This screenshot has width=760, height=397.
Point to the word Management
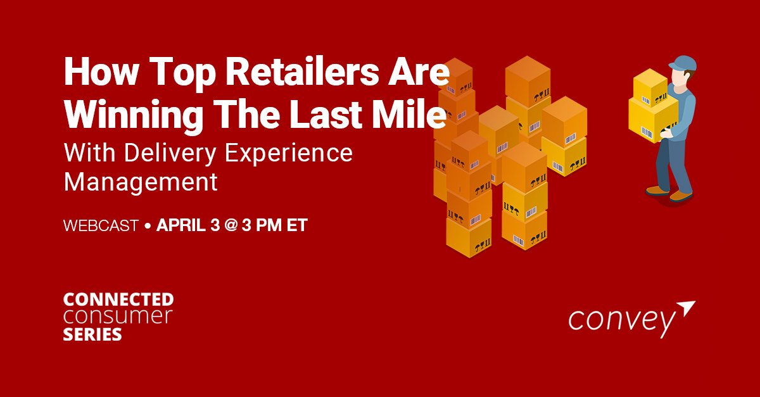(141, 182)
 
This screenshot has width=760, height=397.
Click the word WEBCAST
(101, 225)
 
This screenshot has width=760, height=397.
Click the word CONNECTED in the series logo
(118, 299)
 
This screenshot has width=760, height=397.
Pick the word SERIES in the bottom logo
(92, 334)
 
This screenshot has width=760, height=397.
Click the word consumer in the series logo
(118, 317)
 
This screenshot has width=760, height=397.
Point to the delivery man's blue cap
(681, 64)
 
